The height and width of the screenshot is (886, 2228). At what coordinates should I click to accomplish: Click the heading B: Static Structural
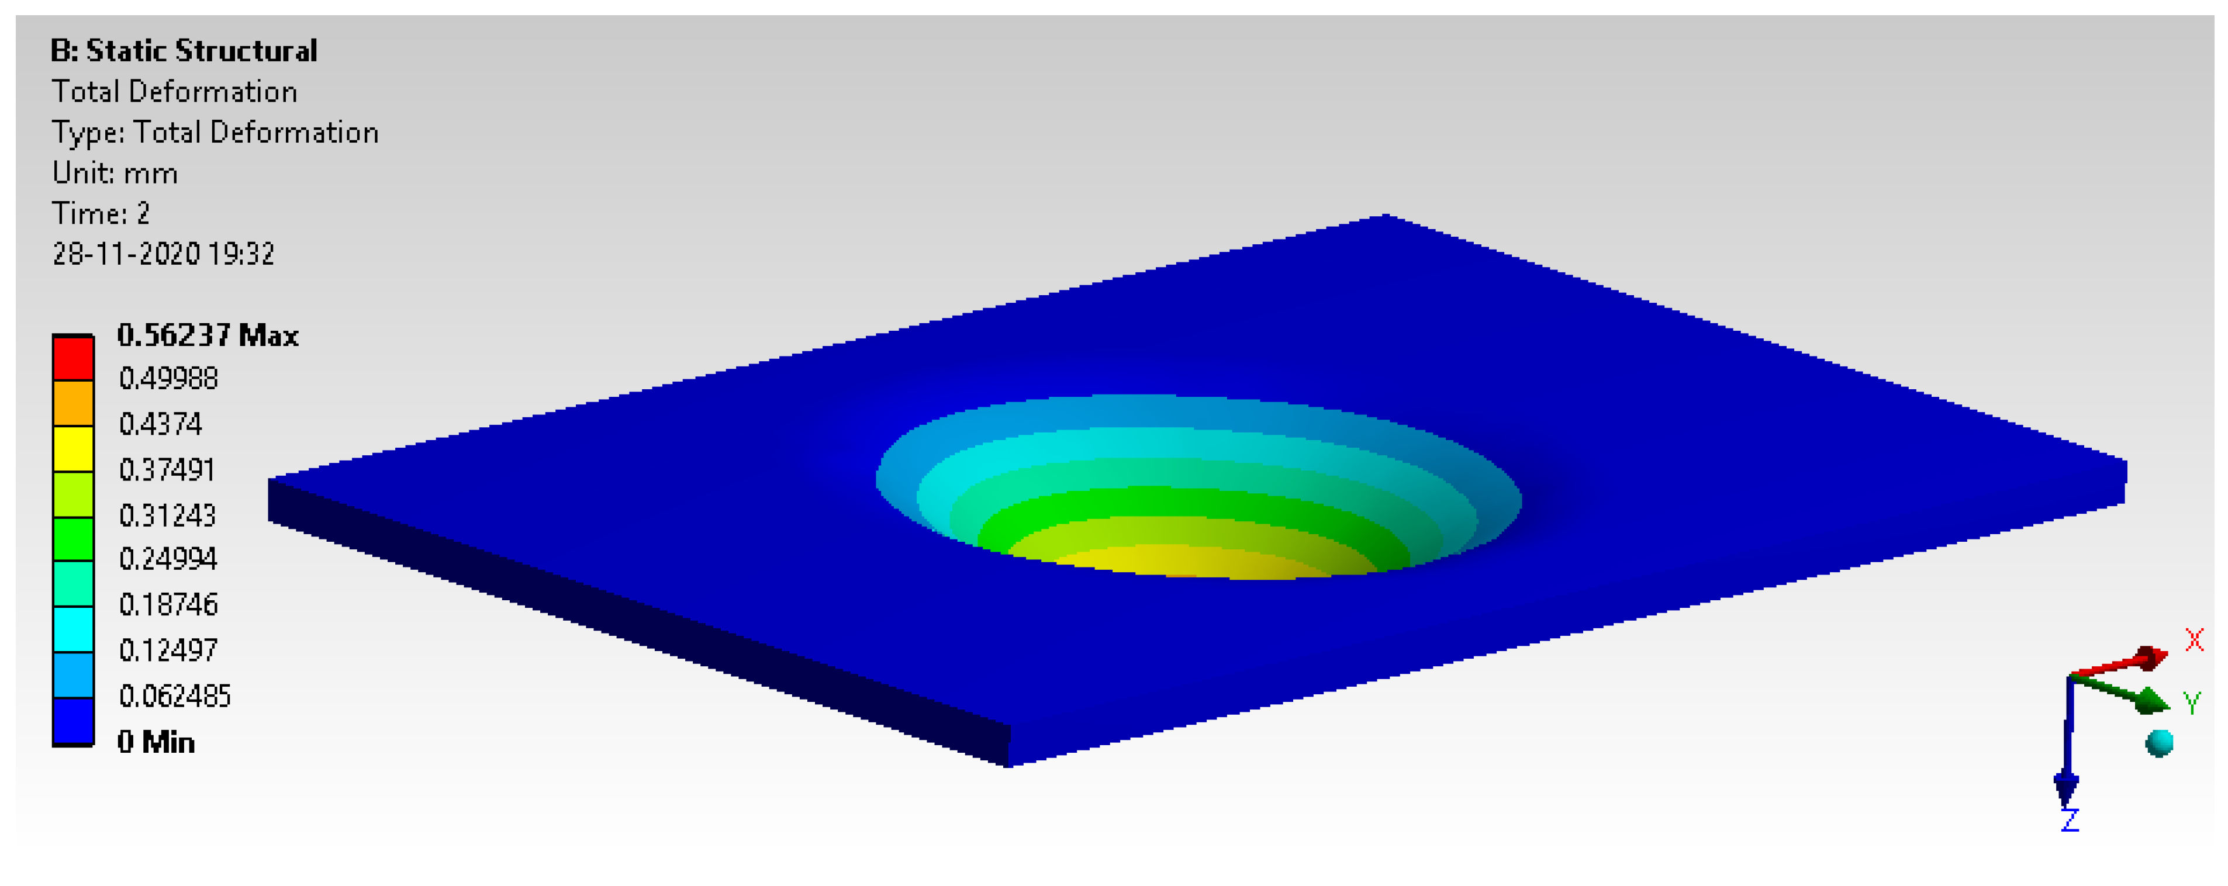point(184,51)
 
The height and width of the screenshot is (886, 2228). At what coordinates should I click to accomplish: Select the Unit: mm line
point(115,173)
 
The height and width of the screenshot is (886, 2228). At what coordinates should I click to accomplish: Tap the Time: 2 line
point(101,213)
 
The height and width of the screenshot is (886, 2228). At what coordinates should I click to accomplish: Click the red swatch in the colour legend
point(74,358)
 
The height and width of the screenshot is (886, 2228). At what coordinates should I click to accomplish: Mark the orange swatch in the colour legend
point(74,403)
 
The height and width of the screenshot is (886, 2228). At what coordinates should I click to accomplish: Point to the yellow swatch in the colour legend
point(74,449)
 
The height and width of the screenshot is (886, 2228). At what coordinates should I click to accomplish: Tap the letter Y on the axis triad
point(2191,702)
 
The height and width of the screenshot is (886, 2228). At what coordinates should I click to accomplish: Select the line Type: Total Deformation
point(215,132)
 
